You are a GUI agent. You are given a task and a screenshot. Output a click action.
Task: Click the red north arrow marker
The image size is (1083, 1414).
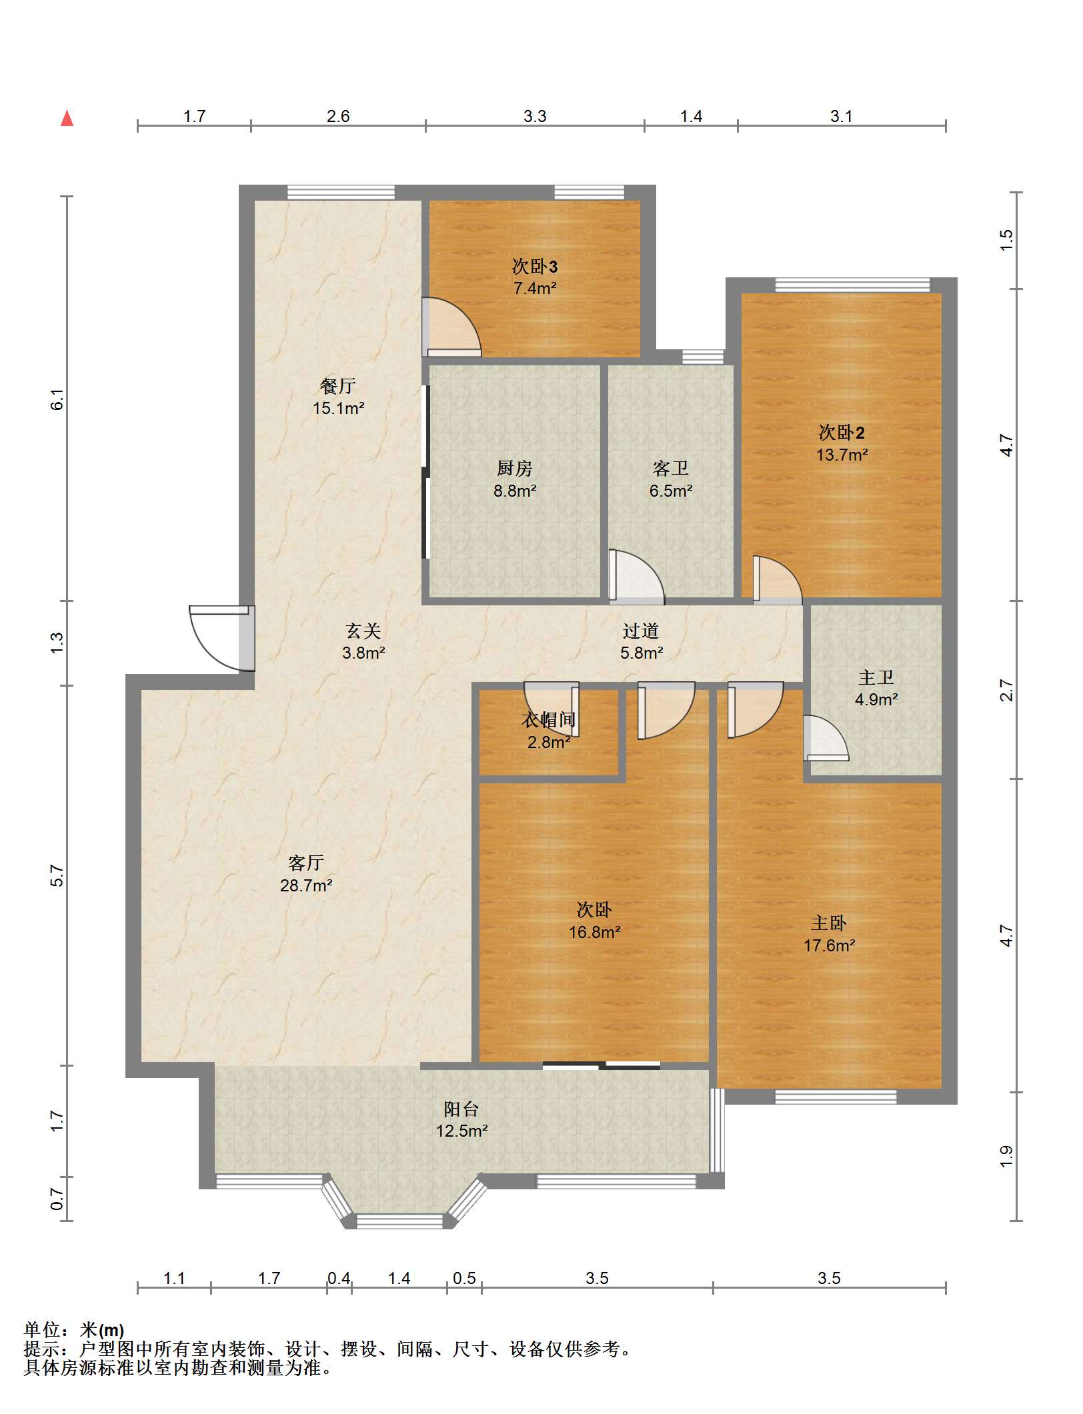pos(67,118)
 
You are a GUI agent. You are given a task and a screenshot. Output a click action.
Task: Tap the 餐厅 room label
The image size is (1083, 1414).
pos(338,385)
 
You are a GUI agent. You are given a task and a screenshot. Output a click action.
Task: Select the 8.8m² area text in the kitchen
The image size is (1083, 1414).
pos(515,491)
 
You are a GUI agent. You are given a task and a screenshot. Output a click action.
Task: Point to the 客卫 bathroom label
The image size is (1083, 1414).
pos(671,469)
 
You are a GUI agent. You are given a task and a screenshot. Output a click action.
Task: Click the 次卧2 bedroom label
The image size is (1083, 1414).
pos(842,433)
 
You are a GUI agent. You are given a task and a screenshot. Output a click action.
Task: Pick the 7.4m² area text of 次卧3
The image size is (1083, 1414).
pos(535,289)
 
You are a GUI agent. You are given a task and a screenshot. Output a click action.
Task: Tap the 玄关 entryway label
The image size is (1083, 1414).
pos(363,631)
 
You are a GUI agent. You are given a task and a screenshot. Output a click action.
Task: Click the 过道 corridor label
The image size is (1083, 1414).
pos(641,631)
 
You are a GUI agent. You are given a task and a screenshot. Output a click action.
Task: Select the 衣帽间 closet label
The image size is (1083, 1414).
pos(548,720)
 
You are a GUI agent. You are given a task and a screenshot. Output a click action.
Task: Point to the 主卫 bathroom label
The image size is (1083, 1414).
pos(876,678)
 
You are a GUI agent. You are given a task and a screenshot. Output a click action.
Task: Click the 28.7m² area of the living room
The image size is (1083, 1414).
pos(306,885)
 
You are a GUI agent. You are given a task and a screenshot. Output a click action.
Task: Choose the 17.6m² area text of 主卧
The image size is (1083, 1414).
pos(830,945)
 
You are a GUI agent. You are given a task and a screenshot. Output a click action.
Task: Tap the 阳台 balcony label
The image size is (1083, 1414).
pos(461,1109)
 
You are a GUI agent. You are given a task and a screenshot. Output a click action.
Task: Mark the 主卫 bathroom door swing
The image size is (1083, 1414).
pos(826,738)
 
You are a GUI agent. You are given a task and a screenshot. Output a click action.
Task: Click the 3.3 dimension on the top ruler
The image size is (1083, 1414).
pos(535,117)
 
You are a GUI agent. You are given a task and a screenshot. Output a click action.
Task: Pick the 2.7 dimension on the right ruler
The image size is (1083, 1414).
pos(1006,690)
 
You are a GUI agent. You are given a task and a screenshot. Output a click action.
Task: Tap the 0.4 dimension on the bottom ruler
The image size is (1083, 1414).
pos(339,1278)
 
